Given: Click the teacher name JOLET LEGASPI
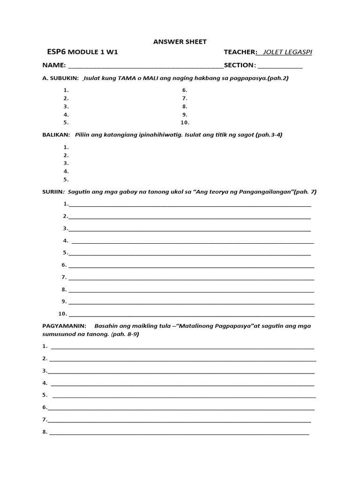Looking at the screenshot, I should [x=287, y=52].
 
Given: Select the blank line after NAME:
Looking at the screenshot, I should [x=146, y=66].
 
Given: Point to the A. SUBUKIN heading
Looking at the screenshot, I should [x=60, y=78].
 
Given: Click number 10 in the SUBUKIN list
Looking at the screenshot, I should [x=185, y=123].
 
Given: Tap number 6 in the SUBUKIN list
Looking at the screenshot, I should [x=185, y=90].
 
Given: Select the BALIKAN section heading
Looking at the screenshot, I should [x=56, y=135].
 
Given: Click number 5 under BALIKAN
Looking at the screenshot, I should [x=66, y=180].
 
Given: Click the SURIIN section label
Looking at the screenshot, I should [x=53, y=192].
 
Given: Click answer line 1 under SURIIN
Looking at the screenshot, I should [x=189, y=205].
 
